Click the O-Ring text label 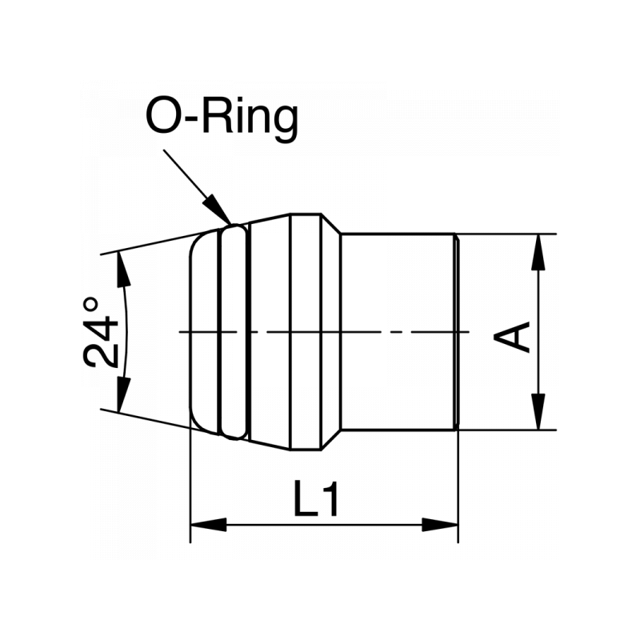pyautogui.click(x=222, y=118)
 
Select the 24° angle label pyautogui.click(x=102, y=332)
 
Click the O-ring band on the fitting pyautogui.click(x=234, y=331)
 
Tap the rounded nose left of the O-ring pyautogui.click(x=205, y=331)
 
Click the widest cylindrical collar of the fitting pyautogui.click(x=306, y=331)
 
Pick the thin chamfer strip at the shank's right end pyautogui.click(x=457, y=331)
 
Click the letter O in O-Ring pyautogui.click(x=165, y=118)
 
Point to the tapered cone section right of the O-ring pyautogui.click(x=269, y=331)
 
